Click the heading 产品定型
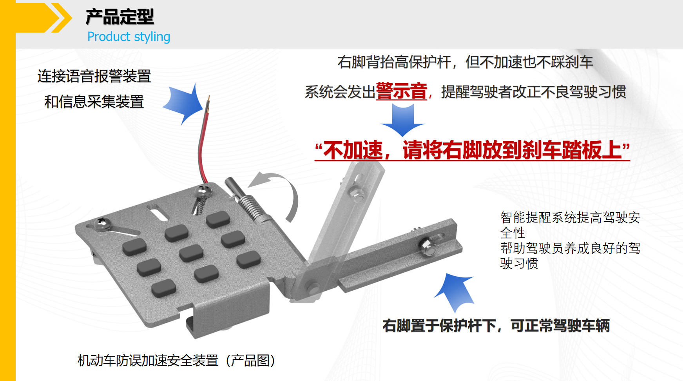point(120,17)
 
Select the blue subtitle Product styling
point(129,37)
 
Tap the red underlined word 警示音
point(401,91)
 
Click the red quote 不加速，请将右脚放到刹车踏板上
point(472,150)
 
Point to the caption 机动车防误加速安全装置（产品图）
point(176,360)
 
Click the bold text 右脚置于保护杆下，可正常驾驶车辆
point(496,326)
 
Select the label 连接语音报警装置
point(94,76)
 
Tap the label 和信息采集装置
point(94,102)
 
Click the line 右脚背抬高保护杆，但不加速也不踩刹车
point(465,62)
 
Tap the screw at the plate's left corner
point(102,224)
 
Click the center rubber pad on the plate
point(191,253)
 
